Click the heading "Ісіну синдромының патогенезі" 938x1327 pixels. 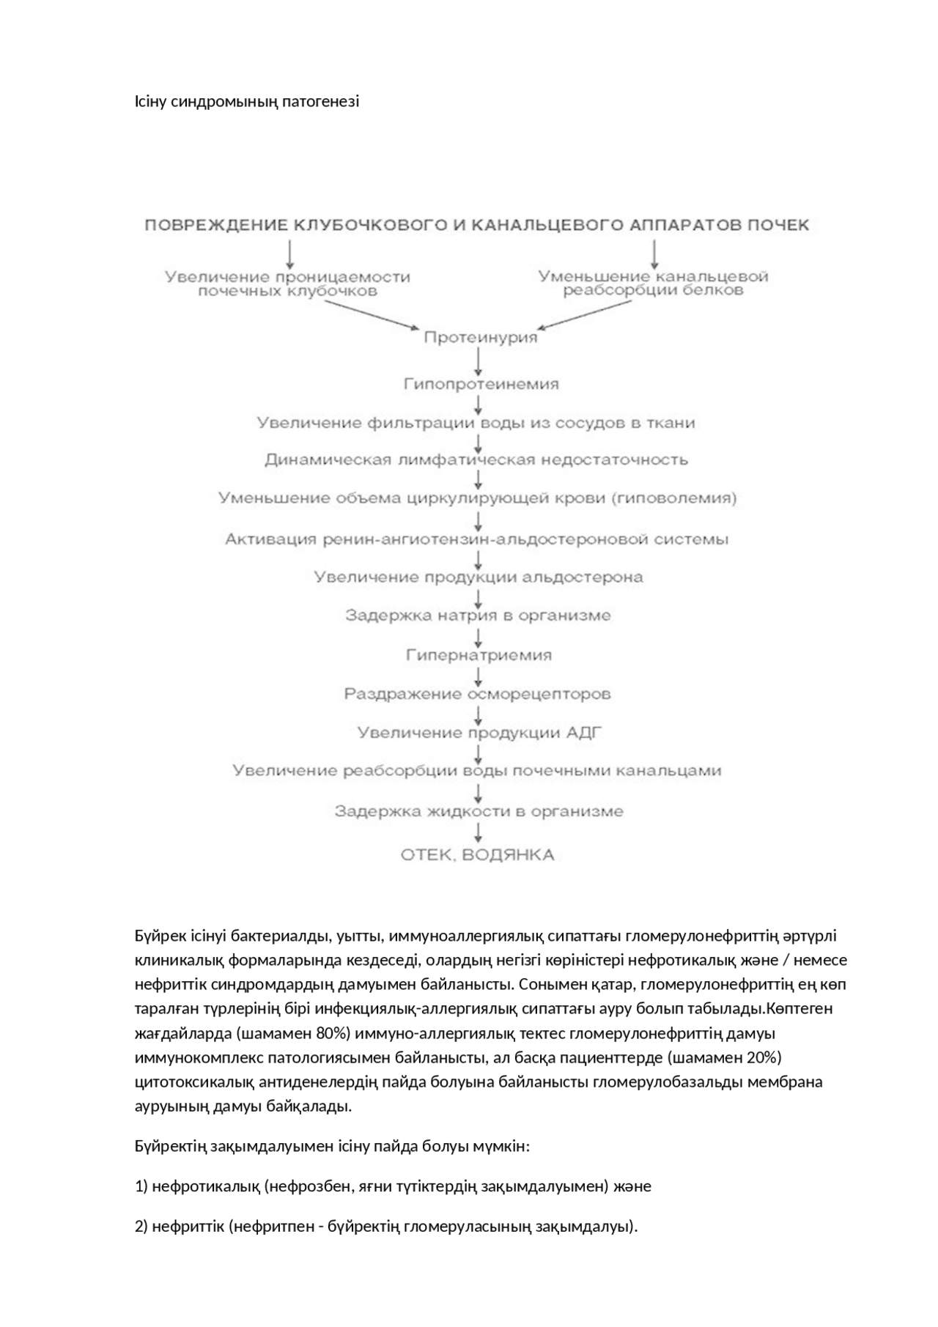[x=246, y=101]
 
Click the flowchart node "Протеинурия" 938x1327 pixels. [x=481, y=338]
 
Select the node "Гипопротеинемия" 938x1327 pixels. [x=481, y=384]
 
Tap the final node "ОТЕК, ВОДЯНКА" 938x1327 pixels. [x=477, y=855]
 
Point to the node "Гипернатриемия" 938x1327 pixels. [x=479, y=655]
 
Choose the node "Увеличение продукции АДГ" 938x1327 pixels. [x=479, y=733]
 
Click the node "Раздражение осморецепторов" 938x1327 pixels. [x=478, y=693]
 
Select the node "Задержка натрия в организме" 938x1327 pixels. [x=478, y=616]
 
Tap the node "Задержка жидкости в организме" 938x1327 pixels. [x=479, y=811]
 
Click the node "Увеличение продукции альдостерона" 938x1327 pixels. [x=479, y=577]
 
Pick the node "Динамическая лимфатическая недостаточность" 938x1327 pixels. [x=476, y=460]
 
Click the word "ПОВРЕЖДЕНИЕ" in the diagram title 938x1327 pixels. [x=216, y=225]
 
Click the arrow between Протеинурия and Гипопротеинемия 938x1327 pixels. [x=479, y=361]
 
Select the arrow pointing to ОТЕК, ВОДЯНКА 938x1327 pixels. [x=479, y=832]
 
